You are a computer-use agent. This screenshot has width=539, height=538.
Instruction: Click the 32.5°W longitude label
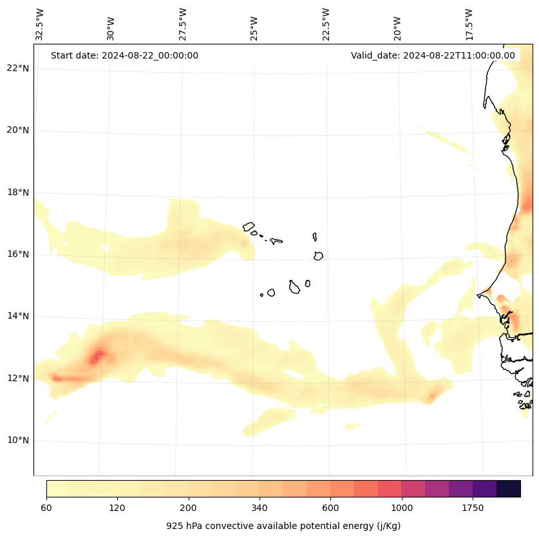click(40, 24)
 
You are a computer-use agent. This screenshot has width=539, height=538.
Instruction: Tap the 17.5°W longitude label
click(469, 24)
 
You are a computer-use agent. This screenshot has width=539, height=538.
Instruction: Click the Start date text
click(124, 55)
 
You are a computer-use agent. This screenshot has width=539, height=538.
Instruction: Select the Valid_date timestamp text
click(433, 55)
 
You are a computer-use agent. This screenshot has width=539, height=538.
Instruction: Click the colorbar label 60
click(46, 508)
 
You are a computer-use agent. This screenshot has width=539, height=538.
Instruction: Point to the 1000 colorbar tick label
click(402, 508)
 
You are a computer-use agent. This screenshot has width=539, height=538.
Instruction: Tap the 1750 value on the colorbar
click(473, 508)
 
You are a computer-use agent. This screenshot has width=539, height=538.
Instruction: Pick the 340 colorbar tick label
click(260, 508)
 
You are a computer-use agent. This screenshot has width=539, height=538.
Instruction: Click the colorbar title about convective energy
click(283, 526)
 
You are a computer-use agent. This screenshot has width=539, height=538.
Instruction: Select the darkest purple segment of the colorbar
click(509, 488)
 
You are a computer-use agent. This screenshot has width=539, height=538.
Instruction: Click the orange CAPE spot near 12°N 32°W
click(57, 378)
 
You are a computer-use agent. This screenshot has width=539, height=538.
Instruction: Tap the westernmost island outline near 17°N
click(249, 226)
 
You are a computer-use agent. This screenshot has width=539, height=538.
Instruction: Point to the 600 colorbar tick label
click(330, 508)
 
